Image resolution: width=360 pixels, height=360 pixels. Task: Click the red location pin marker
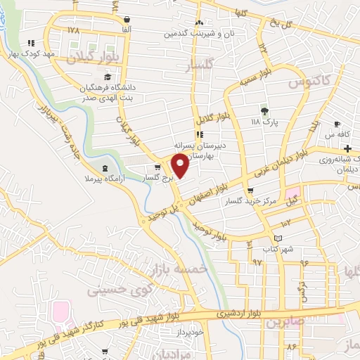coord(181,165)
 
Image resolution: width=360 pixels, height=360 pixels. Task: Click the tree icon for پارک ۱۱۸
coord(264,110)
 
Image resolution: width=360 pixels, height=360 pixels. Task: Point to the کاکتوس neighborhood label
coord(307,83)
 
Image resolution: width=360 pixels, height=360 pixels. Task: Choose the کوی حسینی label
coord(115,289)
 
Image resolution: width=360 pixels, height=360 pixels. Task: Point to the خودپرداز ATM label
coord(189,330)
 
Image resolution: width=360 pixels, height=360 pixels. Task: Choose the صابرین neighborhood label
coord(281,323)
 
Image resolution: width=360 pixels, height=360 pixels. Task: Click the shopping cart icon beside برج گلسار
coord(157,167)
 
